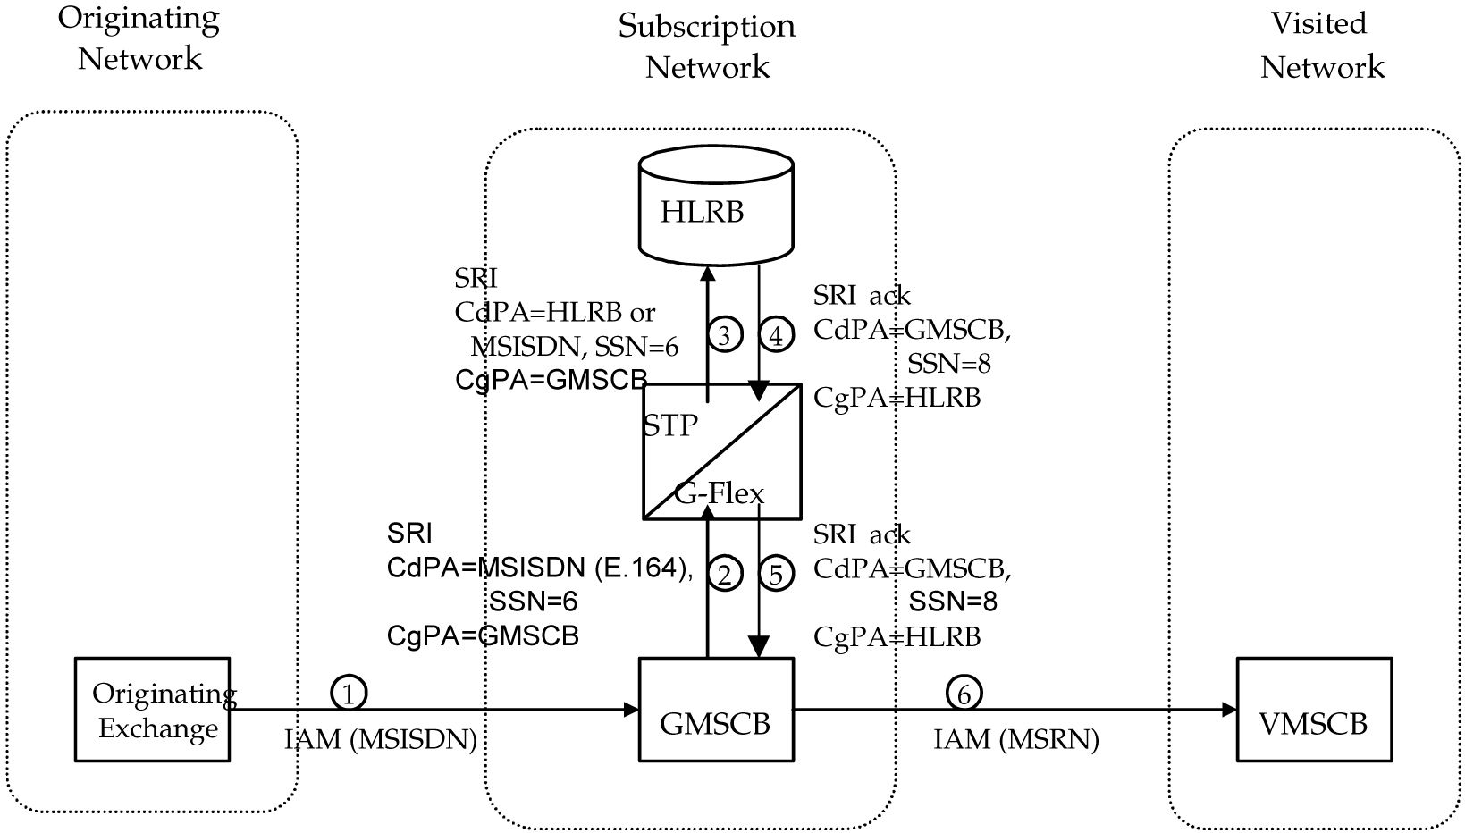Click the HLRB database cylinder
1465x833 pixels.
(x=716, y=211)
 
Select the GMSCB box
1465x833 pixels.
(x=716, y=722)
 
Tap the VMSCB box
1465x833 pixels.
(x=1313, y=722)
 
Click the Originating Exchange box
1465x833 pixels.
(x=152, y=711)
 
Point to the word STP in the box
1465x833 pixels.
(x=671, y=425)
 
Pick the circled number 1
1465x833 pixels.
(x=349, y=692)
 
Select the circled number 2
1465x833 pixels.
(x=725, y=573)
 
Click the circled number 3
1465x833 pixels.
(x=725, y=335)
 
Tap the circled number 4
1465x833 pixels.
(x=776, y=335)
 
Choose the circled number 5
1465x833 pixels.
(x=776, y=573)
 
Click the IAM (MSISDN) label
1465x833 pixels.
(x=381, y=740)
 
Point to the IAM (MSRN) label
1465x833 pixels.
(x=1016, y=740)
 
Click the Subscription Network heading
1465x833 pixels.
(x=707, y=46)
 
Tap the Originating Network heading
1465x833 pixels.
(x=139, y=38)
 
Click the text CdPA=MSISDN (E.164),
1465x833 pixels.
(x=540, y=568)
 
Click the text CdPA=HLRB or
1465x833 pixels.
(x=554, y=312)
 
